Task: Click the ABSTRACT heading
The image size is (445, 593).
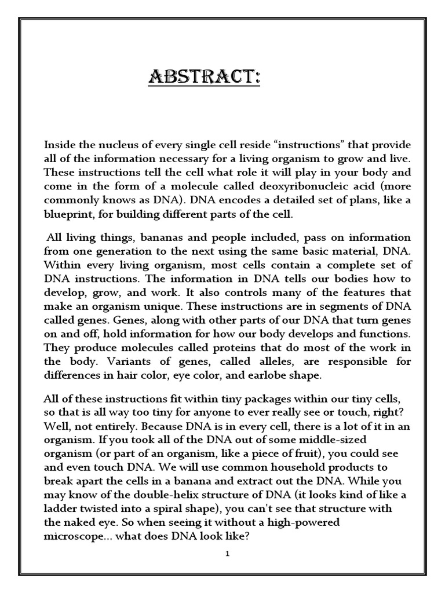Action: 204,76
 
